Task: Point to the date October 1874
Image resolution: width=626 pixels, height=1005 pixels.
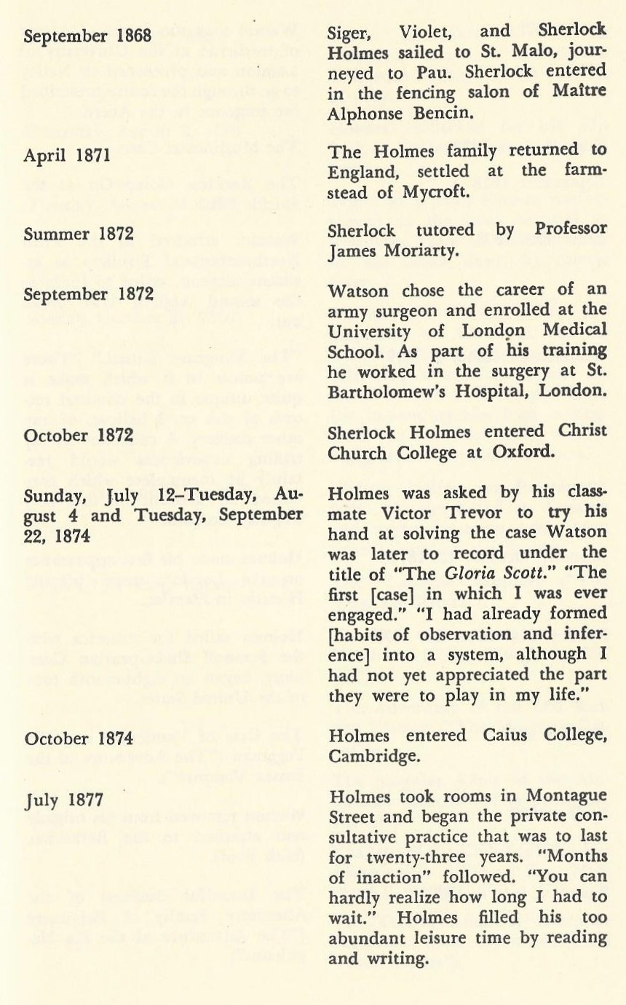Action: [79, 738]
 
